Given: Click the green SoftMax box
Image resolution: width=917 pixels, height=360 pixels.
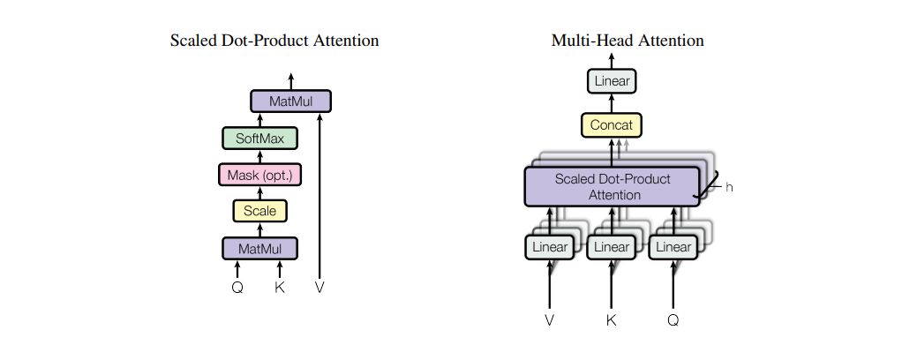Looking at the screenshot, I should tap(260, 139).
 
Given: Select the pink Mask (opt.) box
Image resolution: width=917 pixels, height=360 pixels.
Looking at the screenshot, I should tap(260, 175).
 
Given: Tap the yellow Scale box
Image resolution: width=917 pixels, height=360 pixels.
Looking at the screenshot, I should tap(260, 211).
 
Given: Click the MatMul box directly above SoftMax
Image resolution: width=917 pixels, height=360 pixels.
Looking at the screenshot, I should tap(290, 101).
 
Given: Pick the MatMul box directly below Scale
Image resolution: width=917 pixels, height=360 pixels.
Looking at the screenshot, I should tap(260, 248).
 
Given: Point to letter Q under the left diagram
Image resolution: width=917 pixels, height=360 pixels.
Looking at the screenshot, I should tap(237, 288).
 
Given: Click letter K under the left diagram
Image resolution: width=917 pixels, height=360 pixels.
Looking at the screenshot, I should tap(280, 288).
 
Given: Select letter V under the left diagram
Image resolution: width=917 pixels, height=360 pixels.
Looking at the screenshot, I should tap(319, 288).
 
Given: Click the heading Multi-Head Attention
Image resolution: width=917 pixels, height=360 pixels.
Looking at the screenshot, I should tap(628, 41).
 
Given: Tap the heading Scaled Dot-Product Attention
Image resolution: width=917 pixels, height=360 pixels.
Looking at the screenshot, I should tap(274, 41).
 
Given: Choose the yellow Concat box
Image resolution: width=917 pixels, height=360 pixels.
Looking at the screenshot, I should tap(612, 125).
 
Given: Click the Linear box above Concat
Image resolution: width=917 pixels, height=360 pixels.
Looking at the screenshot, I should tap(612, 82).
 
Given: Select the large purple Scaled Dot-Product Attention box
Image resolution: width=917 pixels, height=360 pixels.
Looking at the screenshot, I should tap(612, 186).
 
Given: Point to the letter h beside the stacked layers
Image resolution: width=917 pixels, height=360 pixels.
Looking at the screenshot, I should tap(729, 188).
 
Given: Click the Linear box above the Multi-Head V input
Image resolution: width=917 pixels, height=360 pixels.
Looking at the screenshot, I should tap(549, 248).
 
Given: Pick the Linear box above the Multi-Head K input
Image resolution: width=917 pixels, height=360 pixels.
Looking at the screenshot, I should tap(611, 248).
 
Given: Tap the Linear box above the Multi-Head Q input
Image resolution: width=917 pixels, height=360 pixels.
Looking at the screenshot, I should tap(673, 248).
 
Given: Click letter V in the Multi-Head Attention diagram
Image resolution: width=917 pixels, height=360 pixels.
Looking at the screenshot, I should tap(550, 320).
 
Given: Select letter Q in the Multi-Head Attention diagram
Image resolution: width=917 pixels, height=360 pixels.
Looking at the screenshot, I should tap(673, 320).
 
